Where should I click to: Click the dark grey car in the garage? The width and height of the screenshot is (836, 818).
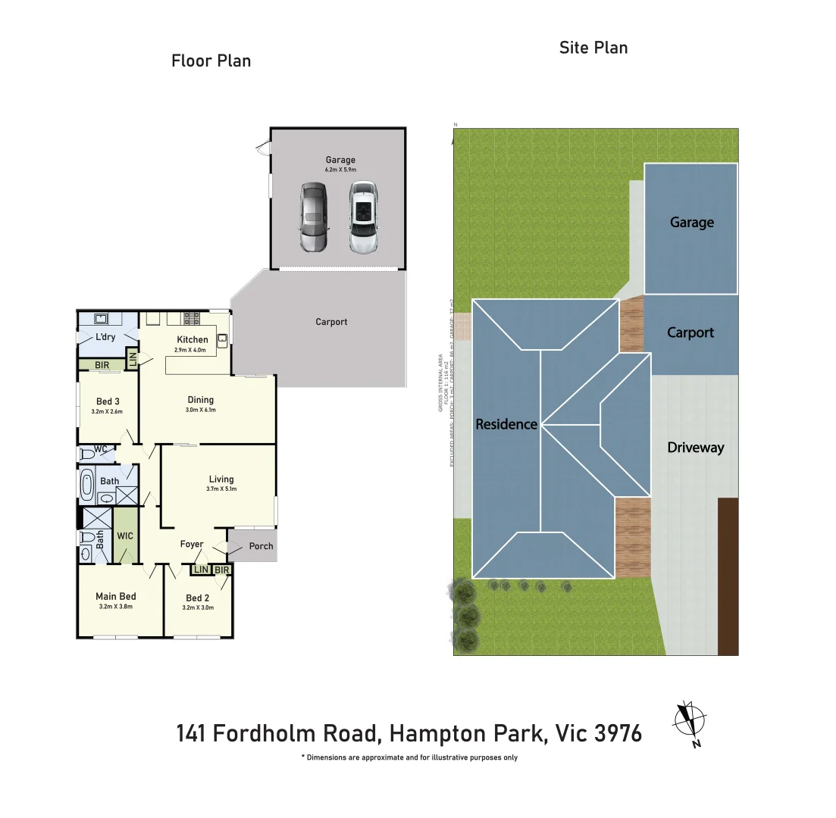[x=313, y=217]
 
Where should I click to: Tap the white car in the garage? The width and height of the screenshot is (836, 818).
[x=363, y=217]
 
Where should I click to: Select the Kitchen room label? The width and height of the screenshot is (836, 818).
[x=193, y=339]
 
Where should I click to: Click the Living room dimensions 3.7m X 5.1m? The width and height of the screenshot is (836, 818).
[x=221, y=489]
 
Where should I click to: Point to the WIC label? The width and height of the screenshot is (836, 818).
[x=125, y=535]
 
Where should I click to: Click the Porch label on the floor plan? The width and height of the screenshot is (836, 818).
[x=261, y=546]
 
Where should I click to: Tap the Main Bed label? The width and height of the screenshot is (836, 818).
[x=116, y=596]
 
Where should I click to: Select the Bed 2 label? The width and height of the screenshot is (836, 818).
[x=198, y=597]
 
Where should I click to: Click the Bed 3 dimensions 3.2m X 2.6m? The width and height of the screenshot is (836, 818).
[x=107, y=412]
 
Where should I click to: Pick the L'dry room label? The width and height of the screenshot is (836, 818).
[x=105, y=337]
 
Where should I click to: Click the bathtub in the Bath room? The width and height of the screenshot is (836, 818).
[x=86, y=485]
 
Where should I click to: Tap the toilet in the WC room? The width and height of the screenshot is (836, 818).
[x=87, y=453]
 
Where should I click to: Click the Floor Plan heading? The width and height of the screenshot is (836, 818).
[x=211, y=61]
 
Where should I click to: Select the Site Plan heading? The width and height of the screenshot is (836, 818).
[x=593, y=48]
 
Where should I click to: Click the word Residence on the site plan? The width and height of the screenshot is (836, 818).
[x=506, y=424]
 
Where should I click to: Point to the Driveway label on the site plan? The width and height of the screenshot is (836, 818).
[x=695, y=448]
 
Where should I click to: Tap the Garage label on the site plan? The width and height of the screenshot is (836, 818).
[x=691, y=222]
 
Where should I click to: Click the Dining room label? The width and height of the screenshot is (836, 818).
[x=201, y=399]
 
